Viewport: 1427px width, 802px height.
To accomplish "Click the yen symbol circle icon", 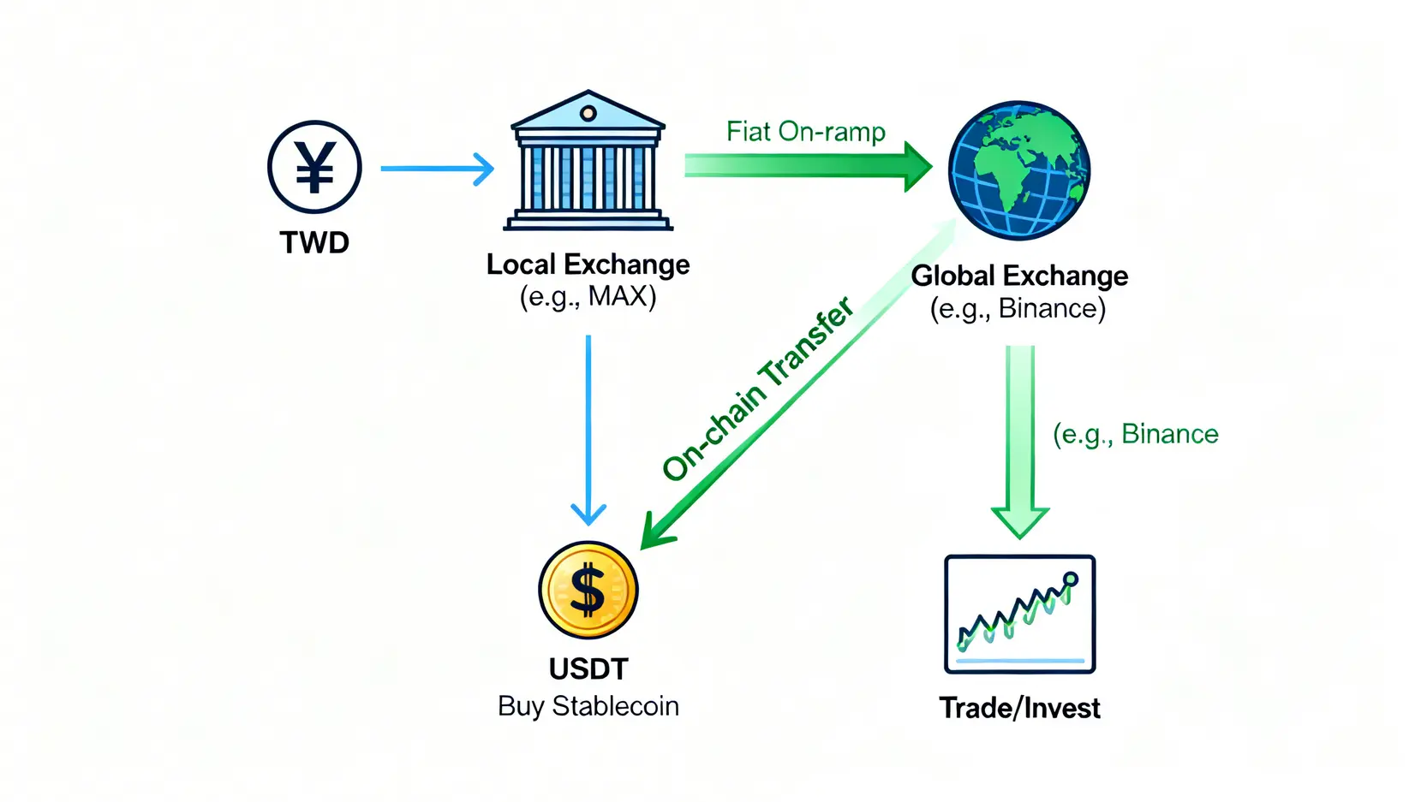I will pos(314,167).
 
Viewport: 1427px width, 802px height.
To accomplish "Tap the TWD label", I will pos(314,242).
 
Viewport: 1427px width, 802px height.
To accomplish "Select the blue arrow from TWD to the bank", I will pos(437,169).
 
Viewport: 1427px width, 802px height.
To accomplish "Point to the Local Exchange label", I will pos(588,264).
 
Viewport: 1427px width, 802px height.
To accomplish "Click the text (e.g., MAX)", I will pos(588,296).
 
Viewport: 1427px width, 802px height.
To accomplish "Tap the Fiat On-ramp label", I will pos(805,132).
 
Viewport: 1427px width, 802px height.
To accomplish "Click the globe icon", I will pos(1018,169).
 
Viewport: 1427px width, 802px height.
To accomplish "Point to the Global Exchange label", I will pos(1019,276).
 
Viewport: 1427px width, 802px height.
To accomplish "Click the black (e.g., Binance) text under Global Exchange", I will pos(1018,308).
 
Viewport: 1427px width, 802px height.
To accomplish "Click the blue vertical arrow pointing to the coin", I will pos(588,428).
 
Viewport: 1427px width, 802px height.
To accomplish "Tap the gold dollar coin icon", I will pos(588,590).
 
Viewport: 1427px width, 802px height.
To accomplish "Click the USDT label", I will pos(588,668).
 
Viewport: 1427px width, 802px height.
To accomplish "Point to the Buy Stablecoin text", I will pos(588,706).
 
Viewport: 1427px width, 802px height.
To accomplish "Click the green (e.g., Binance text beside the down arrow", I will pos(1135,435).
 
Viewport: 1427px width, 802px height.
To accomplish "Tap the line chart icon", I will pos(1019,614).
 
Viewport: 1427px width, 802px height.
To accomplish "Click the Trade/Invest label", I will pos(1019,708).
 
